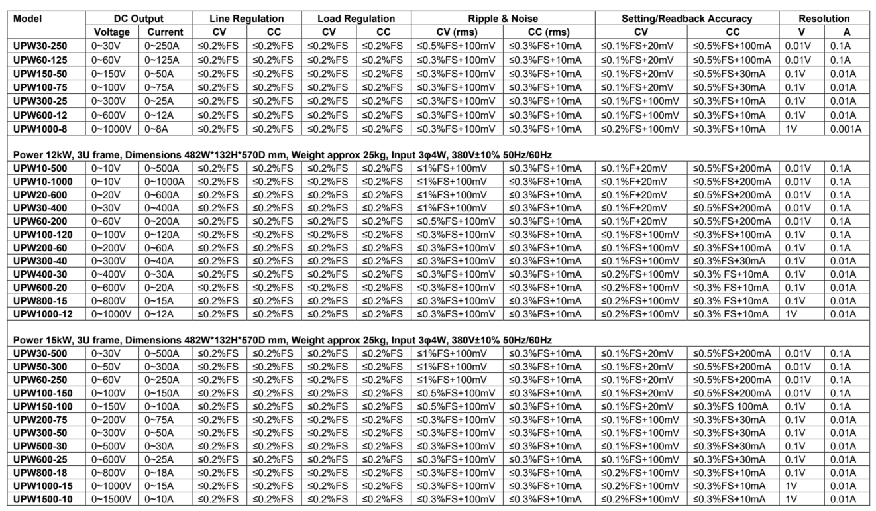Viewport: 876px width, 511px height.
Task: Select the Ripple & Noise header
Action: click(502, 19)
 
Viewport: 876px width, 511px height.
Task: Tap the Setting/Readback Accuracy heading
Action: click(686, 19)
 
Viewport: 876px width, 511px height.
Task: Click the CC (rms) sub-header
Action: click(548, 32)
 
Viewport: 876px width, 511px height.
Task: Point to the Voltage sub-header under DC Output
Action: click(112, 32)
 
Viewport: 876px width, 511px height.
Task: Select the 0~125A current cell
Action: click(163, 59)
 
